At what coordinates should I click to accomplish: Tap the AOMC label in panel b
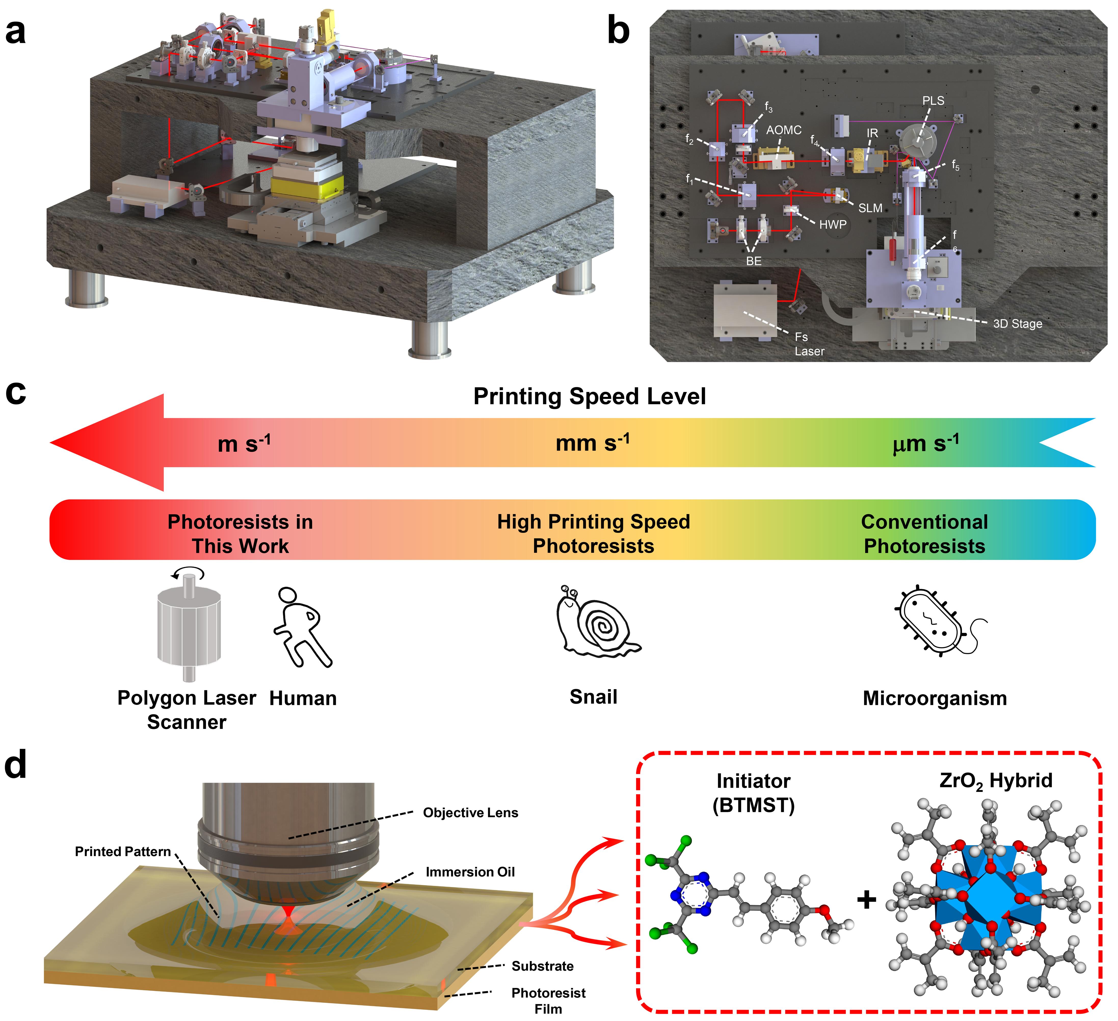tap(784, 130)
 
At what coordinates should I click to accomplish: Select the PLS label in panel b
tap(933, 100)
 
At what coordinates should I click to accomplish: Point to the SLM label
tap(870, 208)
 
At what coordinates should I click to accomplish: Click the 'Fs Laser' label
tap(808, 344)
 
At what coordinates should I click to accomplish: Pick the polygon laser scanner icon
tap(189, 625)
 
